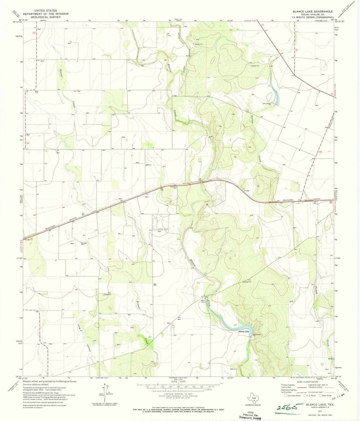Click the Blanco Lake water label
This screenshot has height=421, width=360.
[x=244, y=332]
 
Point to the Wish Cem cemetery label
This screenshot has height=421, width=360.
[x=203, y=300]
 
